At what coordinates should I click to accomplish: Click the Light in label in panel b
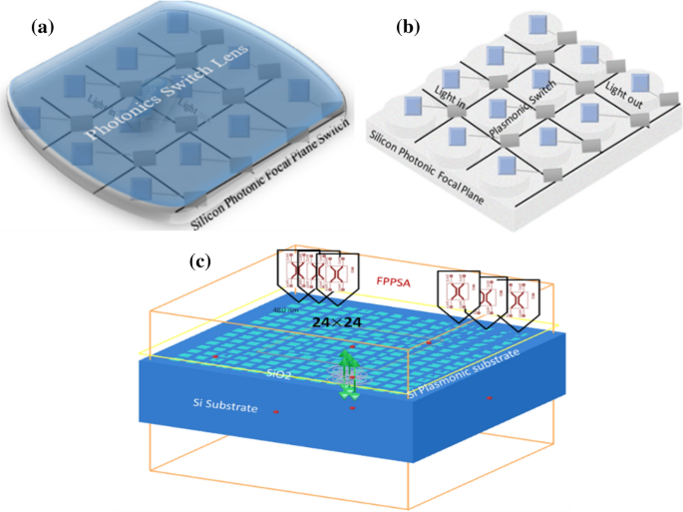tap(453, 94)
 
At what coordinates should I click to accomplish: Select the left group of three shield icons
tap(318, 273)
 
